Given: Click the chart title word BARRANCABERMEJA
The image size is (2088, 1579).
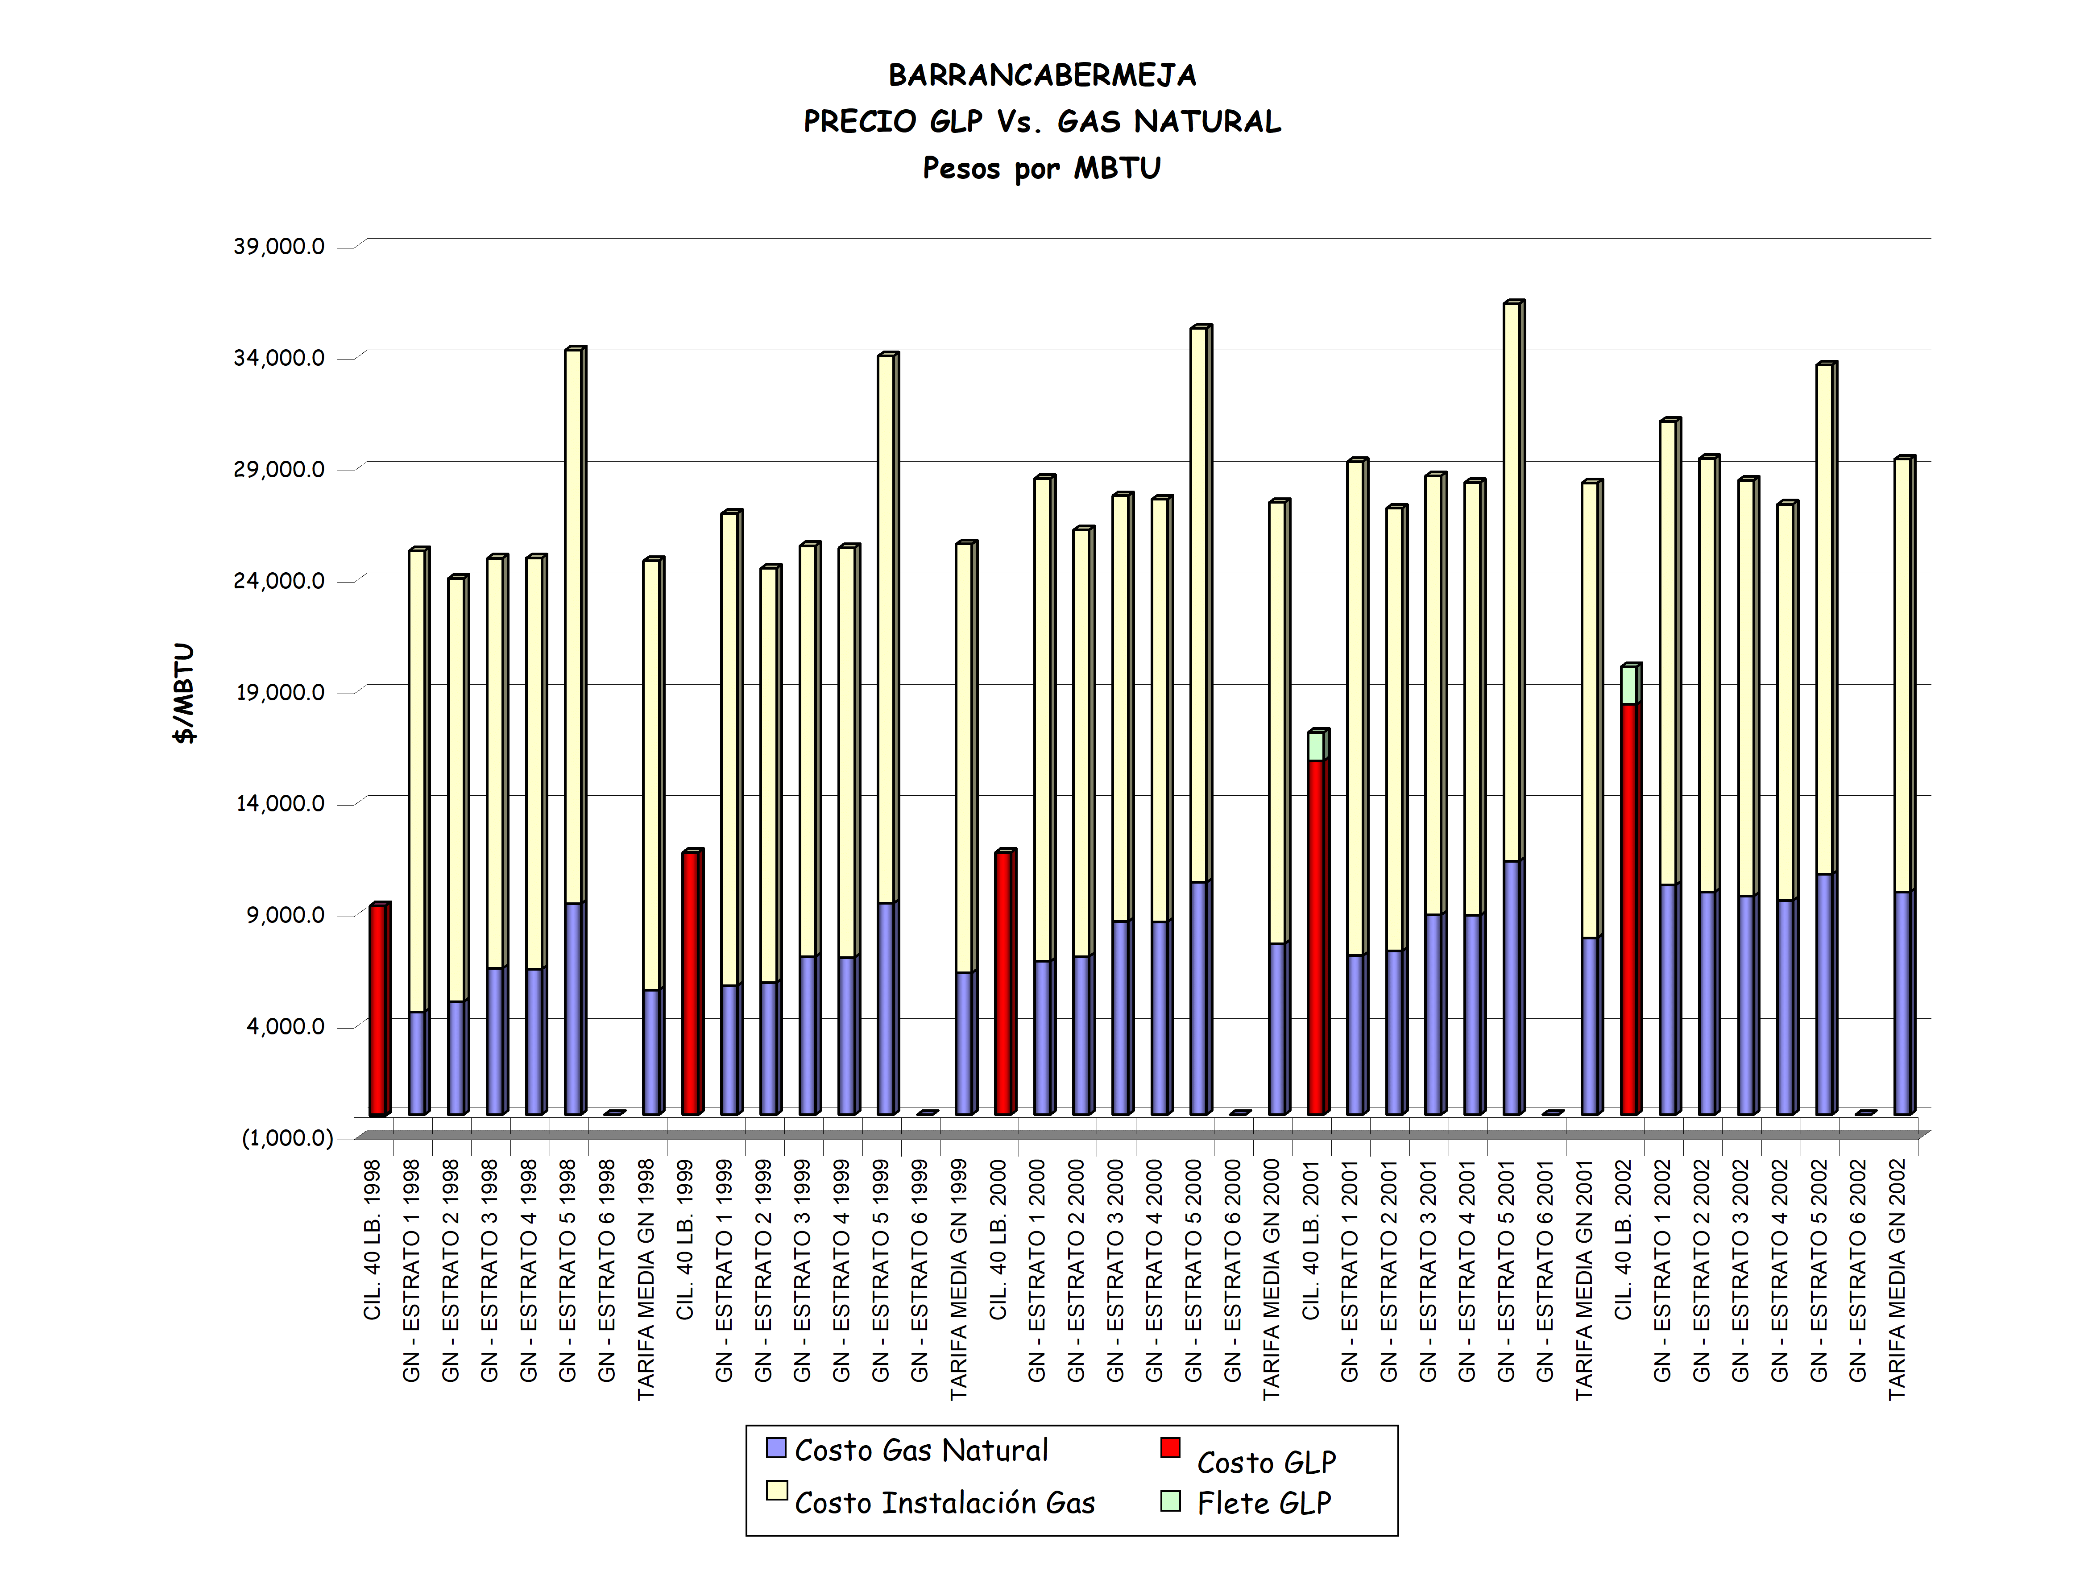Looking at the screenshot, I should coord(1042,75).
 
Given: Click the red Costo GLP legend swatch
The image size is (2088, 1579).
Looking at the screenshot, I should coord(1171,1448).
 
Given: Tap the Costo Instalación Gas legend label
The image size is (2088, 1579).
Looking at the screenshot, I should coord(944,1503).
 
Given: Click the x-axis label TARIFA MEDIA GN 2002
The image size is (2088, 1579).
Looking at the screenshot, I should coord(1897,1279).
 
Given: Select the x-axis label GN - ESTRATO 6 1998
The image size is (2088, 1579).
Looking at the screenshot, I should coord(607,1269).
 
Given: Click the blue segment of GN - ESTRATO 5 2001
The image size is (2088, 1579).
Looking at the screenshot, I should coord(1511,986).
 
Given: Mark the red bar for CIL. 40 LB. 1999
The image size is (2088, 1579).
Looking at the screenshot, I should coord(690,982).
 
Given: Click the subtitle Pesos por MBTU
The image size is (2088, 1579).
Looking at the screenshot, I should coord(1042,168).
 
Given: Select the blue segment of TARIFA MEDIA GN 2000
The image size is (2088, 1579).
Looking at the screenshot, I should coord(1277,1029).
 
